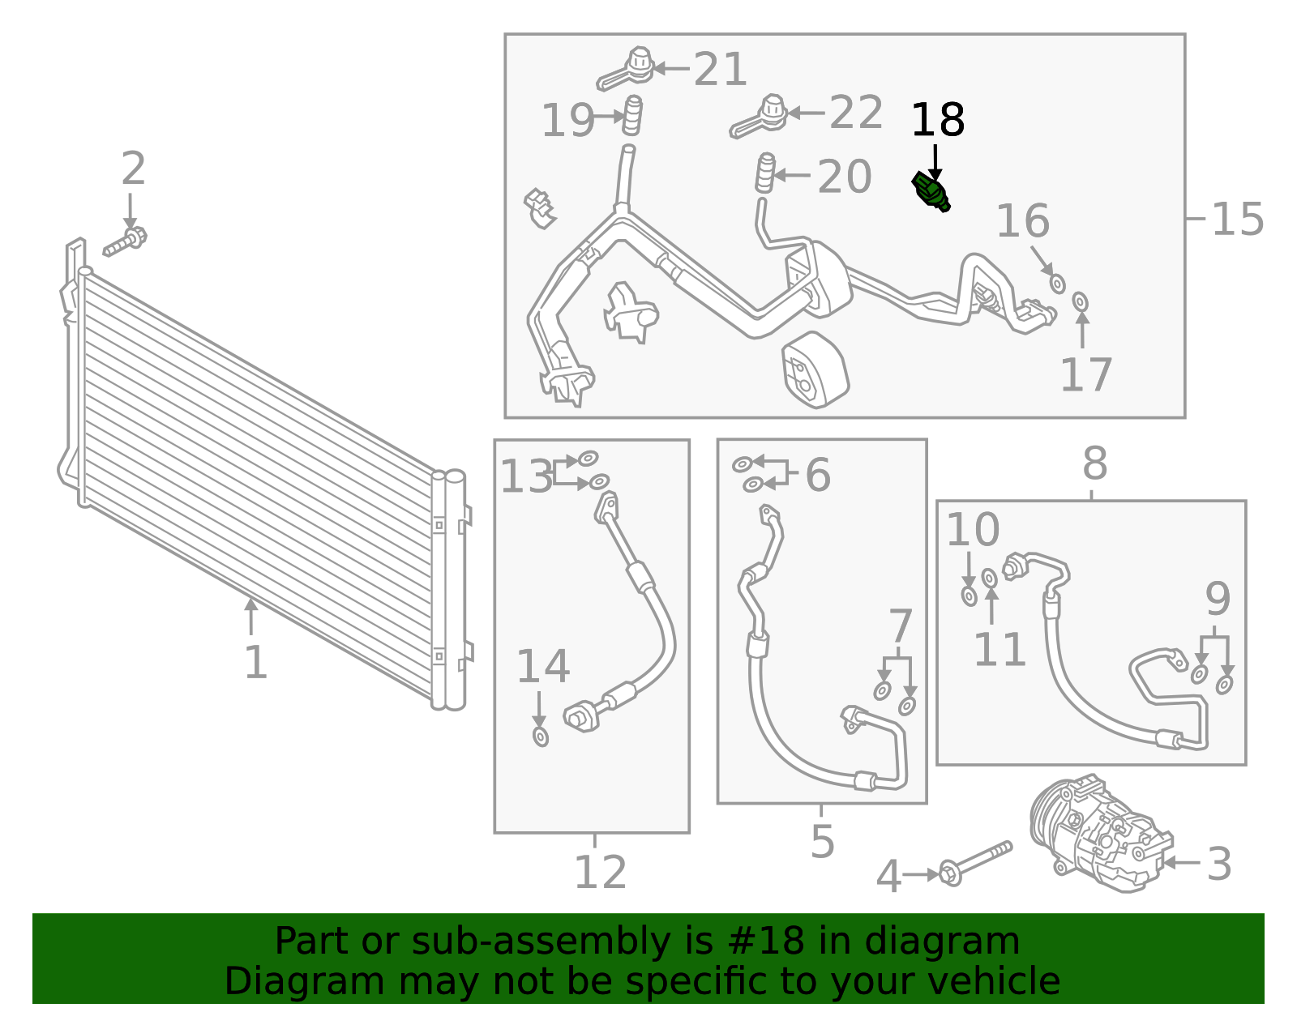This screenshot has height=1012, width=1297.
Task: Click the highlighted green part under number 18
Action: pyautogui.click(x=931, y=191)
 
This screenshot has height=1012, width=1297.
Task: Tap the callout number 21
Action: pyautogui.click(x=720, y=69)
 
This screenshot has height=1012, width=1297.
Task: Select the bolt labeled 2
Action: pyautogui.click(x=126, y=241)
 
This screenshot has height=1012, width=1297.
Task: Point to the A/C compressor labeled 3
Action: pyautogui.click(x=1100, y=834)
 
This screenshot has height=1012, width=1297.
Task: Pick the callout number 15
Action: pyautogui.click(x=1237, y=219)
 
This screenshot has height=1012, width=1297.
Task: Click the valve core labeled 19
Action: pyautogui.click(x=632, y=115)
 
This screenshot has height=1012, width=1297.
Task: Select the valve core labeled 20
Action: pyautogui.click(x=766, y=173)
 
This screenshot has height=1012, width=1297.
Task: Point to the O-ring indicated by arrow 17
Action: pyautogui.click(x=1080, y=301)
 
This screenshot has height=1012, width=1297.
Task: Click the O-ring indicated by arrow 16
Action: pyautogui.click(x=1057, y=284)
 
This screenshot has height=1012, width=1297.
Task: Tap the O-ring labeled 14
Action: pyautogui.click(x=540, y=737)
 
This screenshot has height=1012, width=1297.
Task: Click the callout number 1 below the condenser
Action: pyautogui.click(x=256, y=662)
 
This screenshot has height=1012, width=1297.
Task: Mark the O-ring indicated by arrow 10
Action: pyautogui.click(x=970, y=596)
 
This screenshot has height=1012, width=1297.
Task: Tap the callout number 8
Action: pyautogui.click(x=1095, y=463)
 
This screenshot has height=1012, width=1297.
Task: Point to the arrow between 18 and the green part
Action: pyautogui.click(x=935, y=162)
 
